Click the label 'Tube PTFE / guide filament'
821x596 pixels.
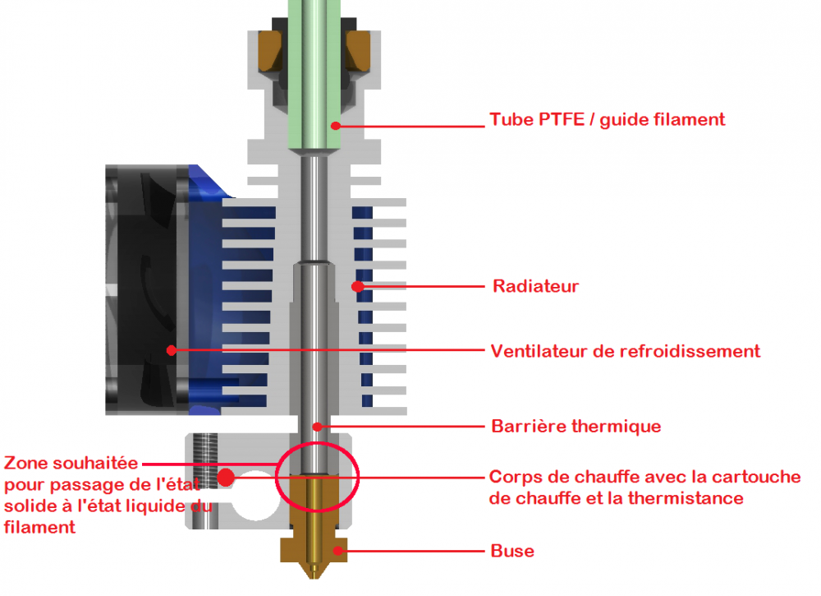pos(608,120)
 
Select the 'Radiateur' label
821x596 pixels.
pos(535,287)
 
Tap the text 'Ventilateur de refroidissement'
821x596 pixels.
pos(625,352)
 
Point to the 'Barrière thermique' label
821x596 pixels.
pos(576,427)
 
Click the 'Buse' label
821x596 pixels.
pos(512,551)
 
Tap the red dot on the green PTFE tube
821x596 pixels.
pos(335,126)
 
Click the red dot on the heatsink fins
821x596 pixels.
pos(357,287)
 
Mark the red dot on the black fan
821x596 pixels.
pos(171,350)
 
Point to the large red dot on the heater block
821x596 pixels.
pos(224,476)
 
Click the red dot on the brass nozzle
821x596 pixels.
pos(335,550)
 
